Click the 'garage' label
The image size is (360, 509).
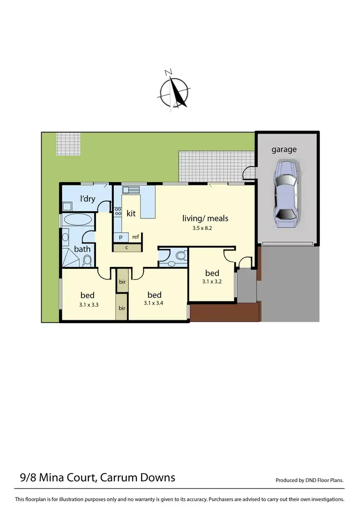coord(284,149)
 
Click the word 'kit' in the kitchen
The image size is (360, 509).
coord(131,213)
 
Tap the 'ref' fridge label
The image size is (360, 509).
coord(135,236)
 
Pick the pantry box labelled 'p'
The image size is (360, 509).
coord(120,236)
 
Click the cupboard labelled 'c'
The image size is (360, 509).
coord(127,248)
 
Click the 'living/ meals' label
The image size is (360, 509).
coord(205,218)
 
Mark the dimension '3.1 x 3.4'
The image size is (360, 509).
coord(154,303)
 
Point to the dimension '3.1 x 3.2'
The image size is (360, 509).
coord(212,282)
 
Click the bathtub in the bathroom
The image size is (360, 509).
coord(78,220)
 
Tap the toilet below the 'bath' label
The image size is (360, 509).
coord(87,260)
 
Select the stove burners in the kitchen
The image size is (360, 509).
coord(117,214)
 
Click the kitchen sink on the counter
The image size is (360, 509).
coord(130,189)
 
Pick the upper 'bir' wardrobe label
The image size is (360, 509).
coord(122,282)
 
